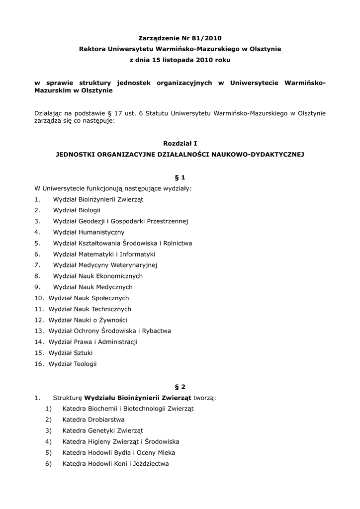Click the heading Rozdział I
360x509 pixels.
(x=180, y=143)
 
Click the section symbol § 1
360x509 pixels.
(x=180, y=177)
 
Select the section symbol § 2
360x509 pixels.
(x=180, y=386)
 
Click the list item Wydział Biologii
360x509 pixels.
(x=77, y=210)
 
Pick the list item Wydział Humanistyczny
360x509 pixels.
(x=89, y=232)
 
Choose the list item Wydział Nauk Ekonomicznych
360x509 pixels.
(x=97, y=276)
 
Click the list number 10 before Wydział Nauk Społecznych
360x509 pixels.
(x=39, y=298)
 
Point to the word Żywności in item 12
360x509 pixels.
(x=113, y=320)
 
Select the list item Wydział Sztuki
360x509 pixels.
(x=71, y=352)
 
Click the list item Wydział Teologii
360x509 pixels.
(x=73, y=364)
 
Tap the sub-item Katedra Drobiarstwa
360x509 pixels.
(x=93, y=420)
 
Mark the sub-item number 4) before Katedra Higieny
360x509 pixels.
(x=48, y=441)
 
